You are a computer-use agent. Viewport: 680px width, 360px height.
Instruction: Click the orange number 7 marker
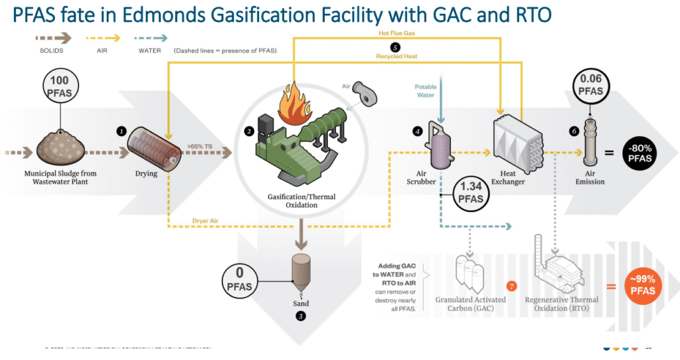coord(511,286)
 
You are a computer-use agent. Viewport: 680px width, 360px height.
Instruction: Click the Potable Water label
coord(426,90)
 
